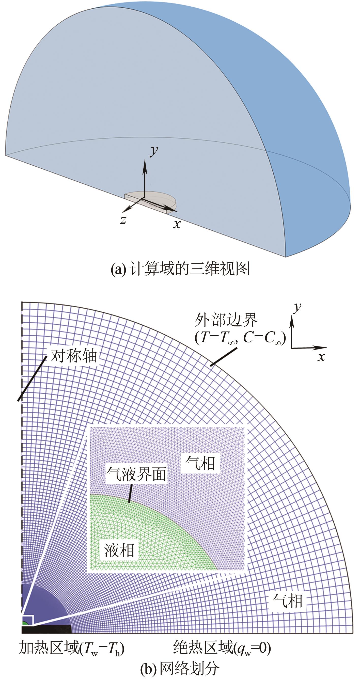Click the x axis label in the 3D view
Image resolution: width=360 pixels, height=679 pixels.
pyautogui.click(x=177, y=224)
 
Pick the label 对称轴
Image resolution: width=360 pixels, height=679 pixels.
pyautogui.click(x=74, y=356)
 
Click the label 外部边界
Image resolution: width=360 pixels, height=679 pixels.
pyautogui.click(x=226, y=320)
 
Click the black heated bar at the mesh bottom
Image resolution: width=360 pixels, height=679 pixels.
pyautogui.click(x=46, y=629)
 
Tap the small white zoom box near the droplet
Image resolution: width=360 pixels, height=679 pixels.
pyautogui.click(x=28, y=620)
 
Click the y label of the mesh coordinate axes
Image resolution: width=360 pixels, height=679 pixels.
pyautogui.click(x=298, y=307)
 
